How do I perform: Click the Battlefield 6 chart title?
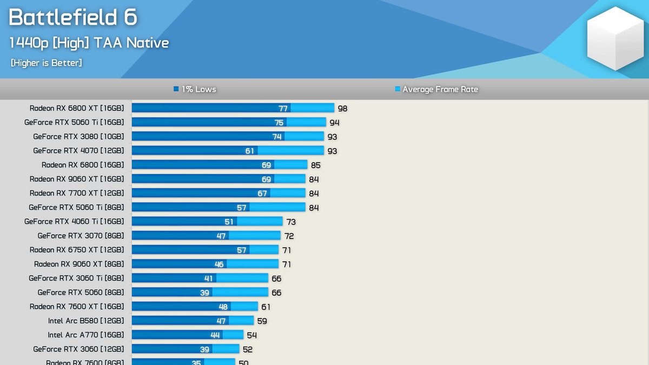(x=73, y=17)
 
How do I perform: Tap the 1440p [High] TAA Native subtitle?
(x=89, y=43)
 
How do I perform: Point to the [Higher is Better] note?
(x=46, y=63)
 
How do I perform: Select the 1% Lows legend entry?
(x=195, y=89)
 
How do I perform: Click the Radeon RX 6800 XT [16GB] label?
(x=77, y=108)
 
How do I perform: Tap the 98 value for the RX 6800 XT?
(x=342, y=109)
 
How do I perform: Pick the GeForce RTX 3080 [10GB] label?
(x=78, y=136)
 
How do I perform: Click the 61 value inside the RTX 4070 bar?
(x=249, y=151)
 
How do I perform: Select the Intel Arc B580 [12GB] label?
(x=86, y=321)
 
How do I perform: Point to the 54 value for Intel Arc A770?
(x=252, y=335)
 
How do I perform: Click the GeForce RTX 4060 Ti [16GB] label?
(x=74, y=221)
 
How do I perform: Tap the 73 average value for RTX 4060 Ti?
(x=291, y=222)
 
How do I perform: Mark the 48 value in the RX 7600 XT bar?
(x=223, y=307)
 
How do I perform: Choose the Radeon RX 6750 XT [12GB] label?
(x=77, y=250)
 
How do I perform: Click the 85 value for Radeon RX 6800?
(x=316, y=165)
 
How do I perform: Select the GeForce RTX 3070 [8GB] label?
(x=81, y=236)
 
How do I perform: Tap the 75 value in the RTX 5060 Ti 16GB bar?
(x=279, y=123)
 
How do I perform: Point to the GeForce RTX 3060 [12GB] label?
(x=78, y=349)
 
